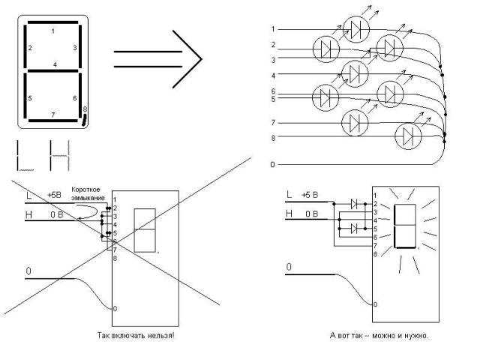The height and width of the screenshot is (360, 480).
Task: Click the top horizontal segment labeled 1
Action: (x=53, y=22)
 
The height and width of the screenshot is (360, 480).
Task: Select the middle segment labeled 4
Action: (x=53, y=71)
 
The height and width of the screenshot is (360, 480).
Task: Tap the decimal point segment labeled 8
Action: (x=85, y=120)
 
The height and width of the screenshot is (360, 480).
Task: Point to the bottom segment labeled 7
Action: (x=53, y=121)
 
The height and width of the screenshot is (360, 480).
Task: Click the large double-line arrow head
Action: (x=187, y=59)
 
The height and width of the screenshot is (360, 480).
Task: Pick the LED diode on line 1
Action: (x=355, y=30)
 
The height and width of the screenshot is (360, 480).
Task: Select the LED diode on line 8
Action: (x=408, y=136)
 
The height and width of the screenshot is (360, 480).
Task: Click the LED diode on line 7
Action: (x=355, y=122)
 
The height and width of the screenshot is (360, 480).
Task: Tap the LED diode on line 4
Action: (x=355, y=73)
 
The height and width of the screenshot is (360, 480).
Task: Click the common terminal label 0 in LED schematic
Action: (x=272, y=165)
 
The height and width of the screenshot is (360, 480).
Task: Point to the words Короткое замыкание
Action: (x=88, y=193)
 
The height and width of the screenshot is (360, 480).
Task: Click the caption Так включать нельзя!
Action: (x=136, y=335)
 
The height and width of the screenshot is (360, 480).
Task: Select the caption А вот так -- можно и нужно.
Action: (x=379, y=335)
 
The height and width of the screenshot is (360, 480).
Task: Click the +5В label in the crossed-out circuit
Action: (x=54, y=195)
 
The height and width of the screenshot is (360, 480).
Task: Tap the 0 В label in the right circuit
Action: (x=312, y=214)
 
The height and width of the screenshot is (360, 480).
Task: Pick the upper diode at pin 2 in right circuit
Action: (x=354, y=203)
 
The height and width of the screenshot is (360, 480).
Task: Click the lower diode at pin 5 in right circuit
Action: (x=354, y=229)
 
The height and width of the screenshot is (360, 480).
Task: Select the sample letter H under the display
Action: (x=60, y=155)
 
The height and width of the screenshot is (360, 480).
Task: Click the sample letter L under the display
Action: (x=25, y=155)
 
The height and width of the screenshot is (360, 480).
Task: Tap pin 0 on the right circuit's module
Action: (x=375, y=304)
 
